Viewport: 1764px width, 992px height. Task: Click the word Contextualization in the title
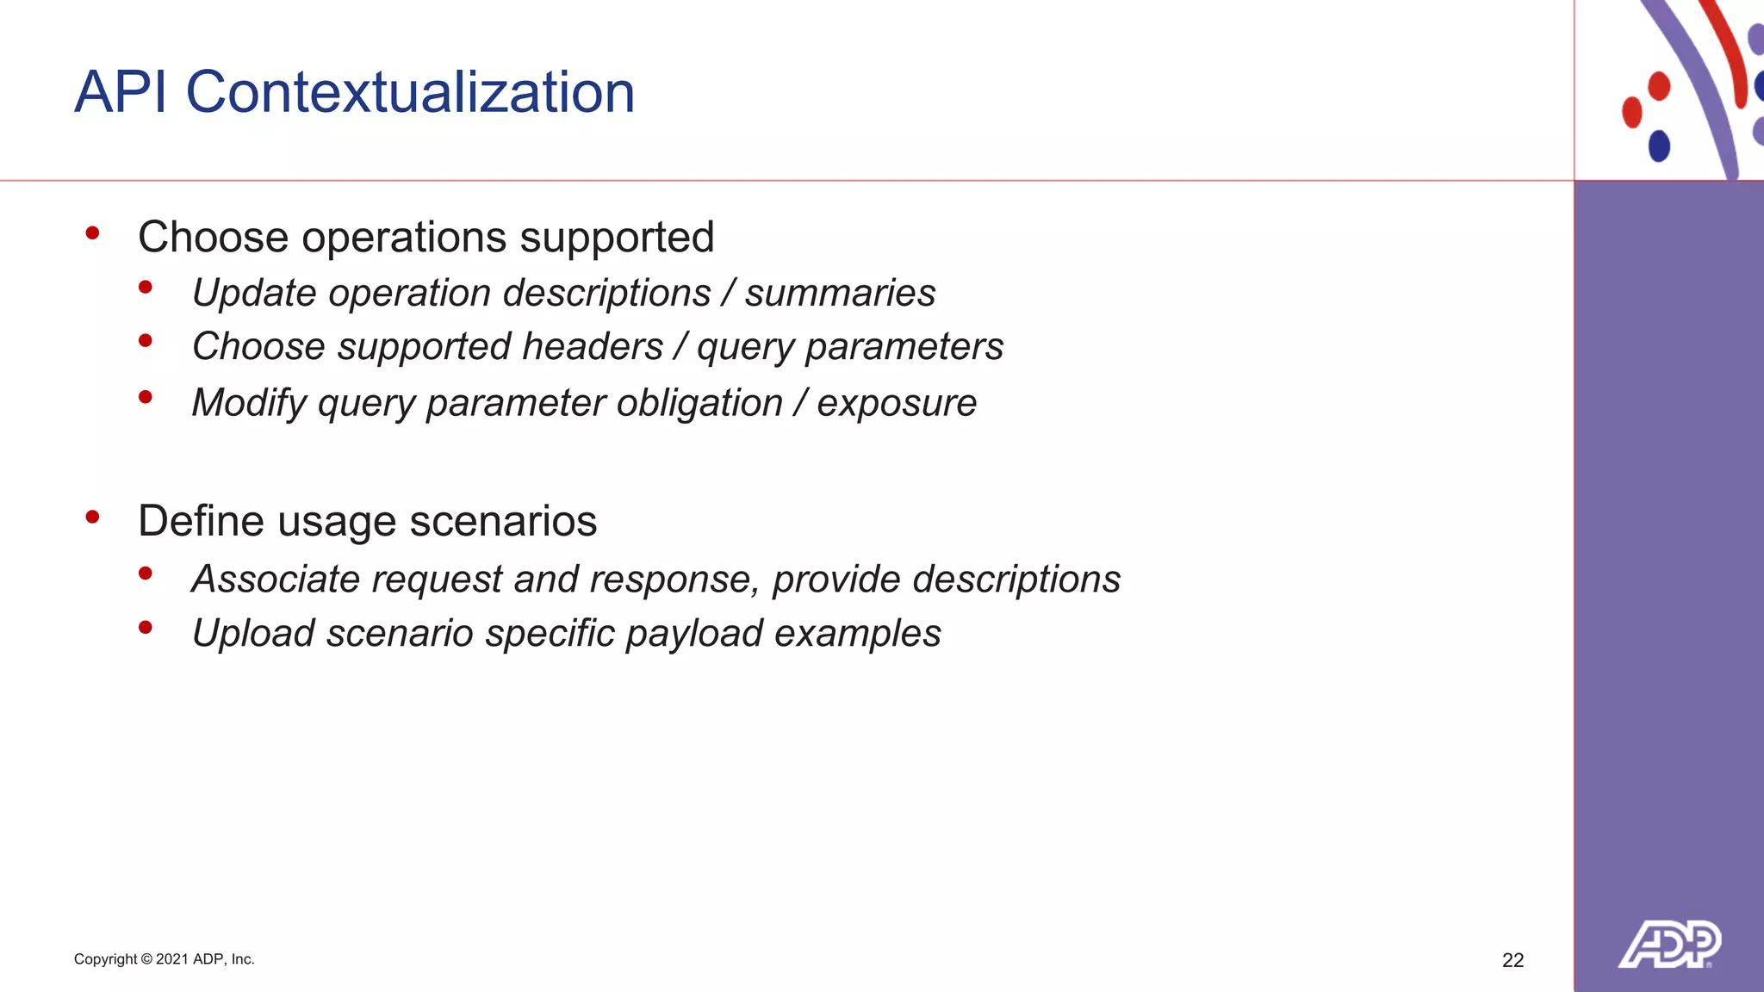pos(410,92)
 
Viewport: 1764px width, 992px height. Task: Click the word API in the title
pos(121,92)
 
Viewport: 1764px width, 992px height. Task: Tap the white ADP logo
pos(1669,945)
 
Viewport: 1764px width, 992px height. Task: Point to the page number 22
pos(1512,960)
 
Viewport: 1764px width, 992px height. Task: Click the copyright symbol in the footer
pos(146,959)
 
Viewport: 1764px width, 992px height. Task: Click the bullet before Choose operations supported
pos(93,233)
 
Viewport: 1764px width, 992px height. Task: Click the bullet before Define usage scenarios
pos(93,517)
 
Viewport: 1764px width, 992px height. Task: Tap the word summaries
pos(840,293)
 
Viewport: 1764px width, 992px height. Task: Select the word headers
pos(593,346)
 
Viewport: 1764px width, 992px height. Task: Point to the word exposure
pos(897,403)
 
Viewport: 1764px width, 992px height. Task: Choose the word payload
pos(694,634)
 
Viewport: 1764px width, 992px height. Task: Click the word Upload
pos(253,634)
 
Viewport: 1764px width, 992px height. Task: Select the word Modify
pos(249,403)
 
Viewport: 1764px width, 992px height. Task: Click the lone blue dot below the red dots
pos(1659,146)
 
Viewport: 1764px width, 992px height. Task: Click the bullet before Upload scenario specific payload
pos(146,628)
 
